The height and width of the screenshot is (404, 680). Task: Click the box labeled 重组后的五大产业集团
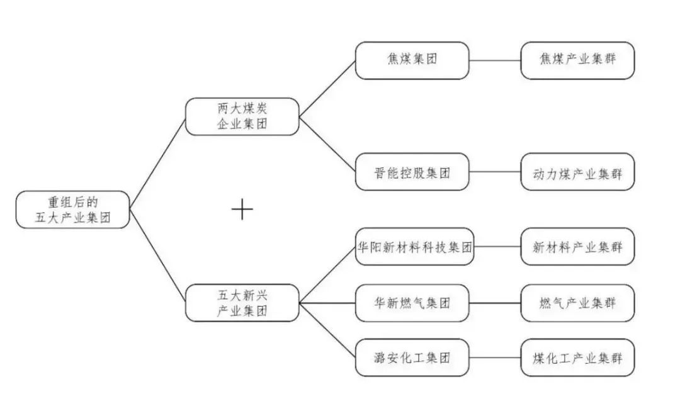point(72,209)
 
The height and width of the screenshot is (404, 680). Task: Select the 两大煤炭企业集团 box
point(242,116)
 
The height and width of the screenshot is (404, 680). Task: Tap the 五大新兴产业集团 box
point(242,303)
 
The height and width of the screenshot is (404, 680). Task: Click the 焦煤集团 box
point(412,60)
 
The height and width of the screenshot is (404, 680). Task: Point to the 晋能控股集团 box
point(412,172)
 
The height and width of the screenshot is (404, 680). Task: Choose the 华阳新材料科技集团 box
point(414,247)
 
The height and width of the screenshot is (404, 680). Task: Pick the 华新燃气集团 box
point(412,303)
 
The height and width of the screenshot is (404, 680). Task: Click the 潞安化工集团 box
point(412,358)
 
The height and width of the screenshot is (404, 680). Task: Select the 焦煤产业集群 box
point(577,60)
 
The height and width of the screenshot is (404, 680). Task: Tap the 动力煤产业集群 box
point(577,172)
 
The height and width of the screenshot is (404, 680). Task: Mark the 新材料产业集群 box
point(577,247)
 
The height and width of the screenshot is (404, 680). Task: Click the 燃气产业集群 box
point(577,303)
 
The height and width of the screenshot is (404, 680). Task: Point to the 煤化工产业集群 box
point(577,358)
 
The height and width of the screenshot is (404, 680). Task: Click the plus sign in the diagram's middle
point(242,209)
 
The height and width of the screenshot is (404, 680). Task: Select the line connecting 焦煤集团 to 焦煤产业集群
point(495,61)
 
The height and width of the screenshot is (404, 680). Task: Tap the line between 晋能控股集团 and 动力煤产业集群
point(495,172)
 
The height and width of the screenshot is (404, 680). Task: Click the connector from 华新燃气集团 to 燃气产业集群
point(495,303)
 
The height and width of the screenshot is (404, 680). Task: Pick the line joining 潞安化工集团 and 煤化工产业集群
point(495,358)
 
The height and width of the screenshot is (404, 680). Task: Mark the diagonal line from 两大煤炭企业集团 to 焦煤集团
point(327,89)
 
